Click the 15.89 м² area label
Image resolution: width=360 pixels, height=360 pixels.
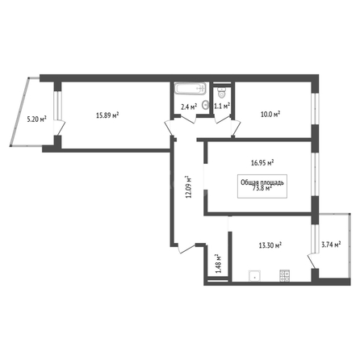[107, 115]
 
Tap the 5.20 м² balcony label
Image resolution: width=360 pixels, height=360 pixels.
[36, 119]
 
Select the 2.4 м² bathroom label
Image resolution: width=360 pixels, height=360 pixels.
[189, 107]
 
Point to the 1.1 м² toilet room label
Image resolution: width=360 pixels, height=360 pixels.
[222, 106]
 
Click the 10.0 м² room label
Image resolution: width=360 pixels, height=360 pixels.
[270, 115]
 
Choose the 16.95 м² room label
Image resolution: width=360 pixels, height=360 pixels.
[262, 163]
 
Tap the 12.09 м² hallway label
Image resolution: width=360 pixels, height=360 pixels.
[189, 187]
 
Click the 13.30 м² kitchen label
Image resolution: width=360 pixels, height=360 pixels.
[270, 245]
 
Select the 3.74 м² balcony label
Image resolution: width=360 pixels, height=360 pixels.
[331, 245]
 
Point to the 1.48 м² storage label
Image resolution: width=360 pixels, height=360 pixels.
[218, 264]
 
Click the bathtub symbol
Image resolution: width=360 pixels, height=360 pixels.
[190, 88]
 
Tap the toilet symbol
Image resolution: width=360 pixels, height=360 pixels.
[222, 93]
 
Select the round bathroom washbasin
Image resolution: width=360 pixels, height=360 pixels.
[206, 104]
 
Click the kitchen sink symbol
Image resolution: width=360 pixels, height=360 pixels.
[254, 276]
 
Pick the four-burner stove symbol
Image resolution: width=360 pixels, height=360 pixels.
[285, 276]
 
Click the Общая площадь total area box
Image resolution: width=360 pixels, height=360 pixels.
[262, 186]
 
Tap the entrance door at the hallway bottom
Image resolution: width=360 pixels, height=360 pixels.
[186, 248]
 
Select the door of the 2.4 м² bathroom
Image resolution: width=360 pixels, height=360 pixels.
[188, 119]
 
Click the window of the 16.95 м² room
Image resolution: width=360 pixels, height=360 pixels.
[315, 174]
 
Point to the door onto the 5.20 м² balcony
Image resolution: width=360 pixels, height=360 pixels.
[60, 128]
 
